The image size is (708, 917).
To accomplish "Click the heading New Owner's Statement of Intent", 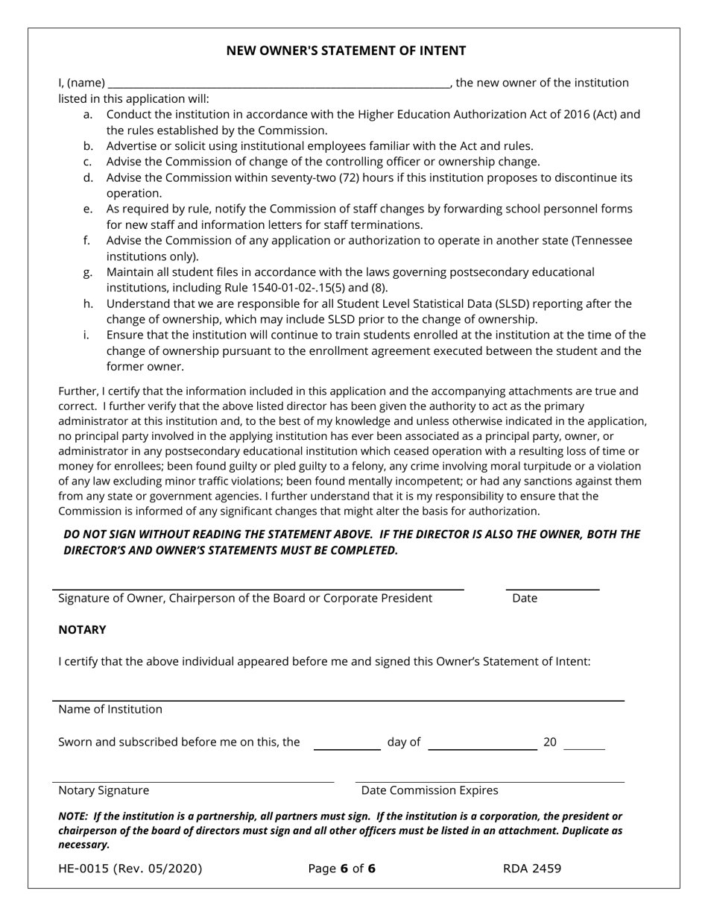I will pyautogui.click(x=346, y=51).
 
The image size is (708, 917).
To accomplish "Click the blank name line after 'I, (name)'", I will pyautogui.click(x=278, y=83).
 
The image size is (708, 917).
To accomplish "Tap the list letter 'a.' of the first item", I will pyautogui.click(x=88, y=115).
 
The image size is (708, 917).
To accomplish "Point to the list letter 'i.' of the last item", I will pyautogui.click(x=86, y=335).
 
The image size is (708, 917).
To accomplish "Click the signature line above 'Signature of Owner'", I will pyautogui.click(x=258, y=588).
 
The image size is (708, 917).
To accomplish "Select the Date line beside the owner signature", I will pyautogui.click(x=552, y=588).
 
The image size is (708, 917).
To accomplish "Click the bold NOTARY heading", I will pyautogui.click(x=82, y=630).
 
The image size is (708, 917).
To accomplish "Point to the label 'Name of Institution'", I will pyautogui.click(x=110, y=709).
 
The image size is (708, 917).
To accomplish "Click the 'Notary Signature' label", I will pyautogui.click(x=104, y=791).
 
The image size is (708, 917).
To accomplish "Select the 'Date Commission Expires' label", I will pyautogui.click(x=429, y=791).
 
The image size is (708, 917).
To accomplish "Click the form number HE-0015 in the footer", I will pyautogui.click(x=130, y=869).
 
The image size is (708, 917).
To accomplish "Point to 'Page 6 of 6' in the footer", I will pyautogui.click(x=341, y=869).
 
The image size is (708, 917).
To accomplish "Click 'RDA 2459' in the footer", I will pyautogui.click(x=532, y=869).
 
